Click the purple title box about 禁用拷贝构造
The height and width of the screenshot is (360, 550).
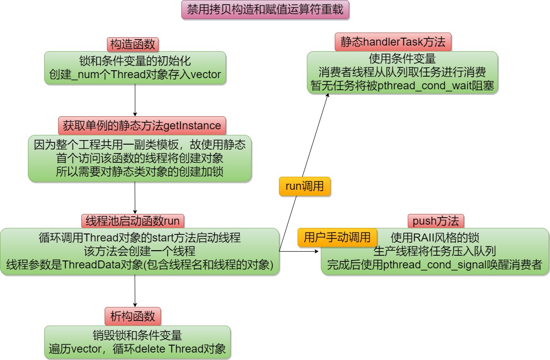pyautogui.click(x=265, y=10)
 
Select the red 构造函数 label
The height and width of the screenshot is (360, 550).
pyautogui.click(x=133, y=44)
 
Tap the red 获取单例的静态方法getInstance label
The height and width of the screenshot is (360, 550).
pyautogui.click(x=142, y=125)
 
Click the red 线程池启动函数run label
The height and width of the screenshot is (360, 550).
pyautogui.click(x=133, y=220)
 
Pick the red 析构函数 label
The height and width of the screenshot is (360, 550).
pyautogui.click(x=133, y=316)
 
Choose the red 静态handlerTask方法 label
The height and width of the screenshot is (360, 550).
pyautogui.click(x=393, y=42)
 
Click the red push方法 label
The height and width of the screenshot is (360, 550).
pyautogui.click(x=436, y=221)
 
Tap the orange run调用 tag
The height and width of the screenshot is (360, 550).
pyautogui.click(x=305, y=187)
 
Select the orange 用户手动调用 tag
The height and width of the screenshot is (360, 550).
pyautogui.click(x=337, y=237)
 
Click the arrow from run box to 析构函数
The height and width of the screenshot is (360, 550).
pyautogui.click(x=135, y=291)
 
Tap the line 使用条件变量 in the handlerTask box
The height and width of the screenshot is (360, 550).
pyautogui.click(x=402, y=59)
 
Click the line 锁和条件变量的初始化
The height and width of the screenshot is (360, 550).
pyautogui.click(x=135, y=60)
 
